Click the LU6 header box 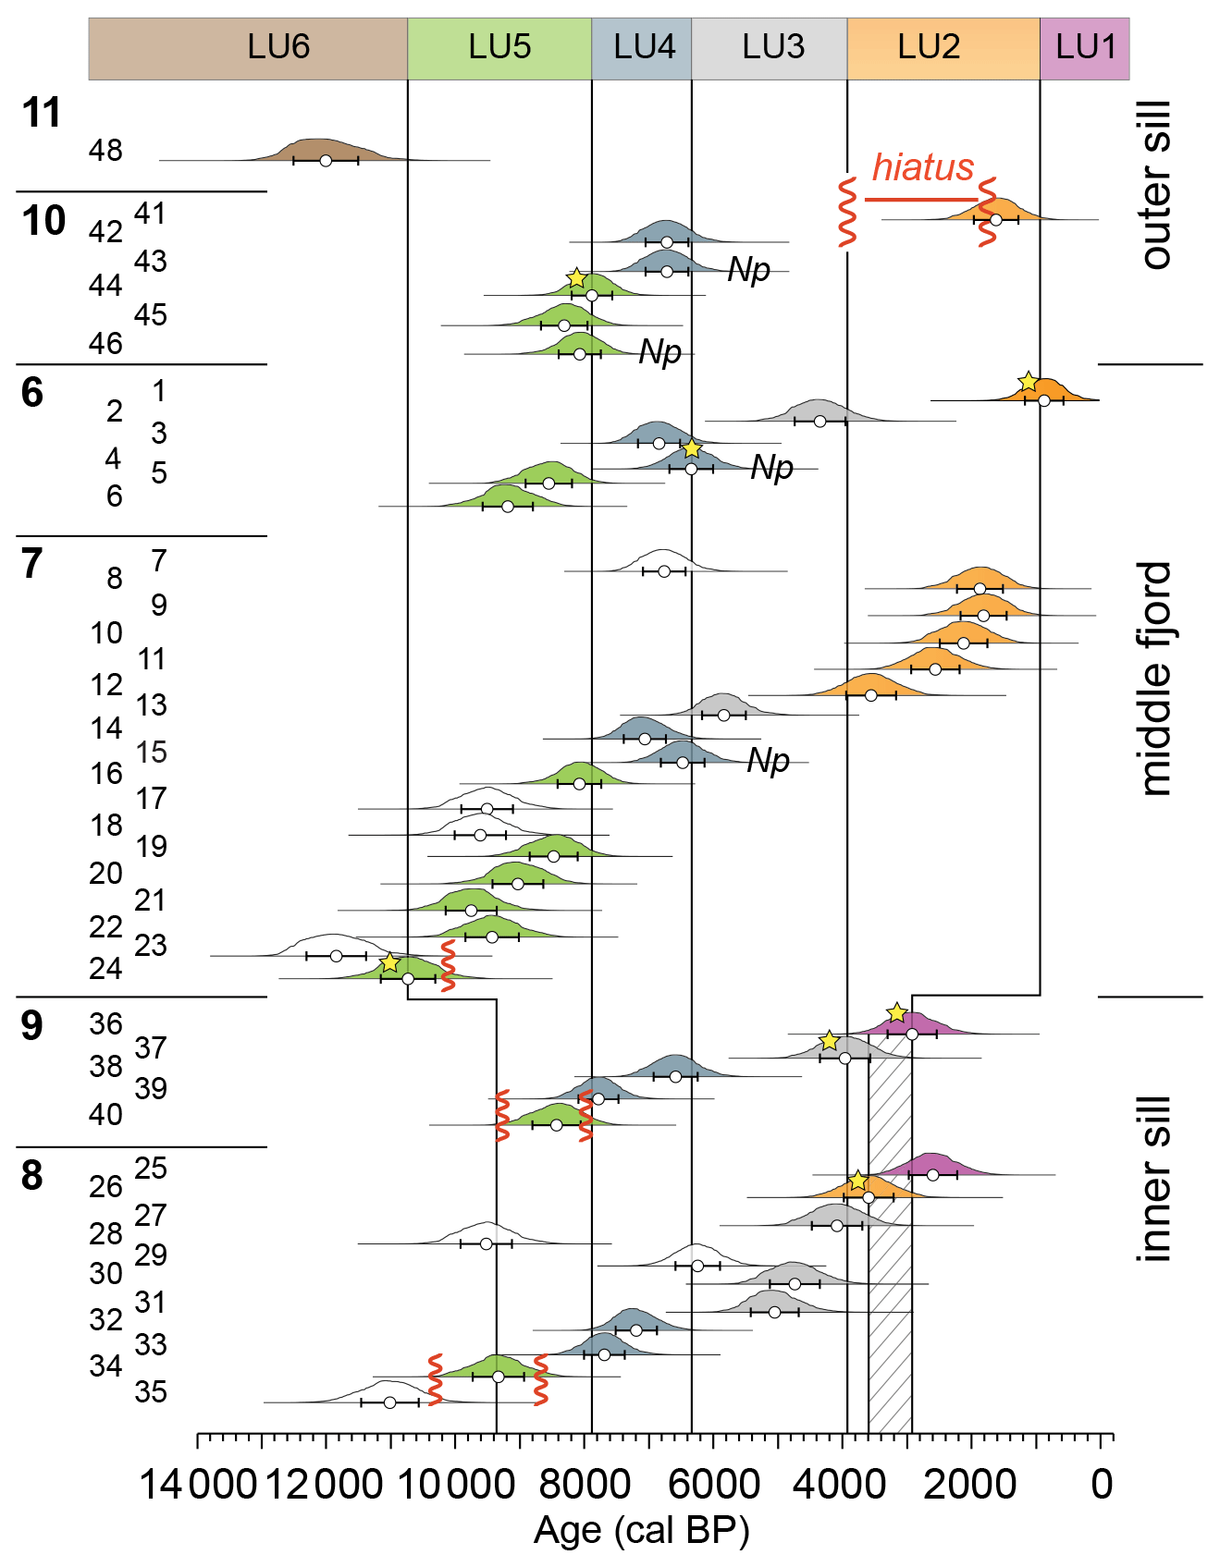pos(248,48)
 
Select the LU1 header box pos(1084,48)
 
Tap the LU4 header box pos(642,48)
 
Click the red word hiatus pos(922,168)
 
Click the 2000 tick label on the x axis pos(970,1486)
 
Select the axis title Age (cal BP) pos(641,1531)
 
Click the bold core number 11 pos(42,114)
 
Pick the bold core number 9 pos(32,1026)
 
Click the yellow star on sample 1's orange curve pos(1028,382)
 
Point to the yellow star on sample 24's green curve pos(390,963)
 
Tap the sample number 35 pos(151,1391)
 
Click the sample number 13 pos(152,705)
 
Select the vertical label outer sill pos(1156,185)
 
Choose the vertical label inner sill pos(1156,1179)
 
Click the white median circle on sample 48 pos(326,161)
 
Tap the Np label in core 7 pos(768,761)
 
